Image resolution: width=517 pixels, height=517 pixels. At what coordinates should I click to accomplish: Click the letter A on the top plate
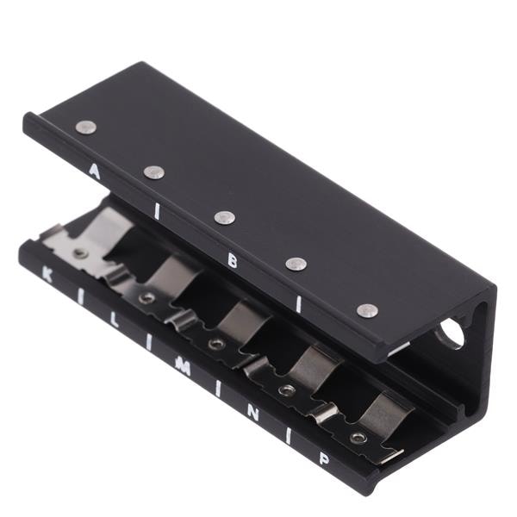94,171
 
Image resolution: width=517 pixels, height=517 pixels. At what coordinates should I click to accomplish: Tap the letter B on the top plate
233,261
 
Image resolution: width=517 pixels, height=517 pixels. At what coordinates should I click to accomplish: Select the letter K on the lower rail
47,275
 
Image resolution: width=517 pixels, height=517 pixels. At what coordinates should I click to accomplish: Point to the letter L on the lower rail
114,320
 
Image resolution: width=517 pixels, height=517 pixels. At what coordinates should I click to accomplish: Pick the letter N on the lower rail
252,413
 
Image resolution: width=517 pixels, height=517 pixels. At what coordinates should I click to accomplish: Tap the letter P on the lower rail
324,459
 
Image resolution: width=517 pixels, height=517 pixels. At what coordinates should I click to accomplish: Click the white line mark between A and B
158,212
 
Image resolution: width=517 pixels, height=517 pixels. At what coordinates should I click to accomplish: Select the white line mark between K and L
81,298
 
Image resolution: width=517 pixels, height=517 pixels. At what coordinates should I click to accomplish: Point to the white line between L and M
149,343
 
